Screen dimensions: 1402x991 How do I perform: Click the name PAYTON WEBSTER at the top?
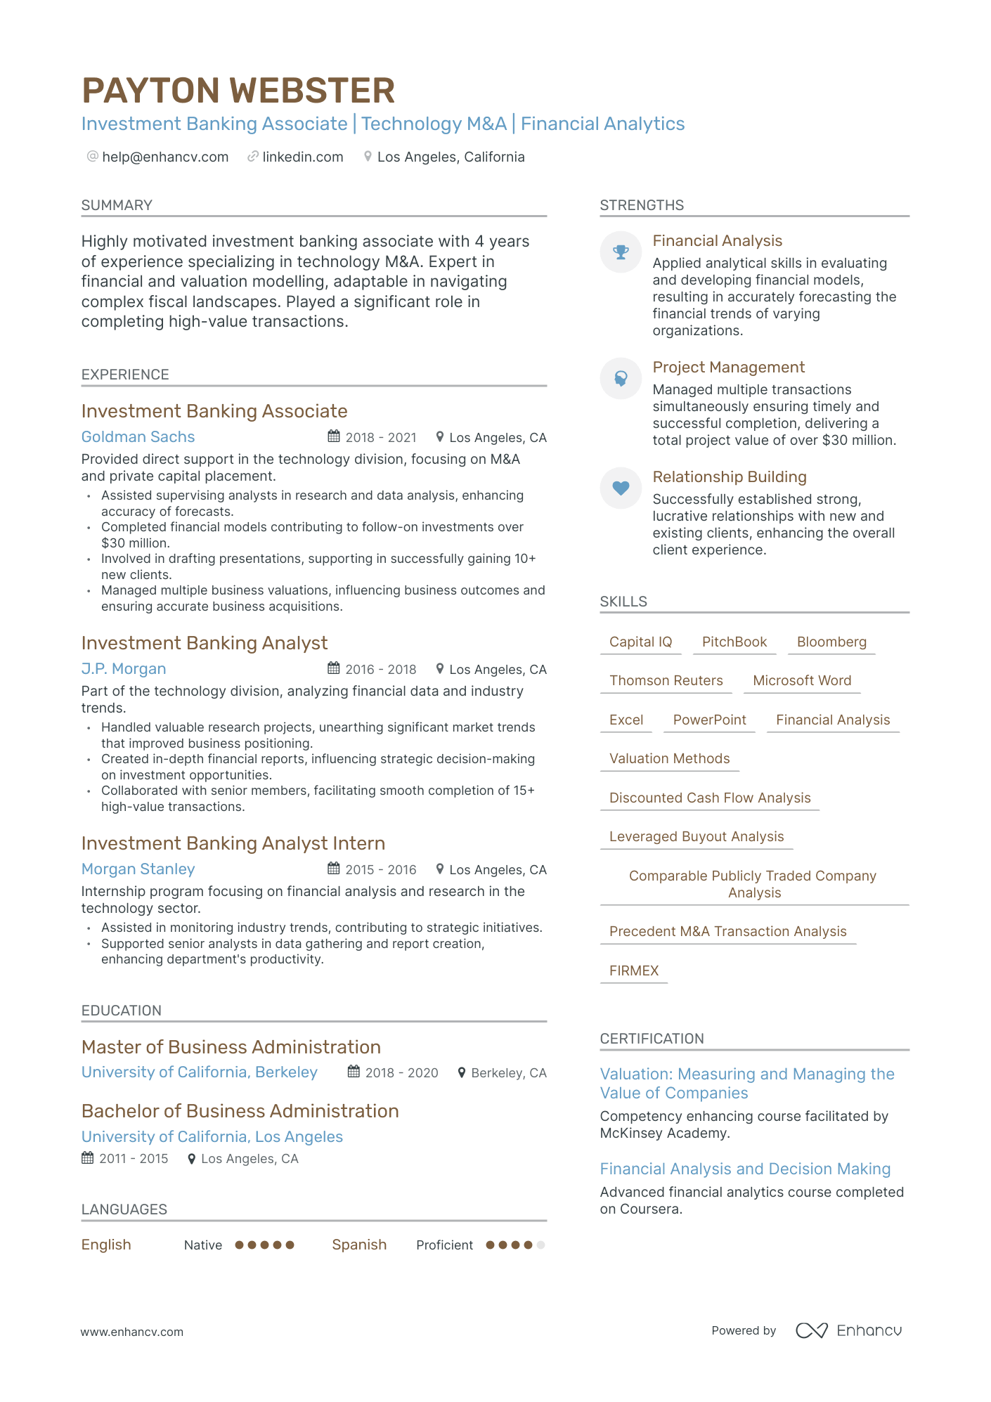tap(238, 91)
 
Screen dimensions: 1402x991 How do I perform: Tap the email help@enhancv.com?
tap(165, 157)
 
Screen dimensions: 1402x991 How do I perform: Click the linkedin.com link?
tap(302, 157)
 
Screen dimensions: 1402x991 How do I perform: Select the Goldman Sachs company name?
tap(138, 436)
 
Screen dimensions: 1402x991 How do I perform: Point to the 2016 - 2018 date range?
tap(380, 669)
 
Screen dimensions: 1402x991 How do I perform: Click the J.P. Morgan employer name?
tap(124, 668)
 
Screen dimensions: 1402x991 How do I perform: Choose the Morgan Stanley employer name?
tap(138, 869)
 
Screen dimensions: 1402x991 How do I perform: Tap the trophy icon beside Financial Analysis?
tap(621, 252)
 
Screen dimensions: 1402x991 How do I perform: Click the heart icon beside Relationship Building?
tap(621, 488)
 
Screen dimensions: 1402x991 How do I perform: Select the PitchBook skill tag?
tap(734, 642)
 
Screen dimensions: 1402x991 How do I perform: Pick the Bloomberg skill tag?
tap(831, 642)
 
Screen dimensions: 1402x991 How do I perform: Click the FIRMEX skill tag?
tap(634, 971)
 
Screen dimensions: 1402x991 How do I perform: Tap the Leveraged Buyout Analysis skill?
tap(696, 836)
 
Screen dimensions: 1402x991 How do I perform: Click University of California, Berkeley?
tap(200, 1072)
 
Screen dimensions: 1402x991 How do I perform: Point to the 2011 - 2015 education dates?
tap(134, 1158)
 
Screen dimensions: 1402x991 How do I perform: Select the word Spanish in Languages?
tap(359, 1245)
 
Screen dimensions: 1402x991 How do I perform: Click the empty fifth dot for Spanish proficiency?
tap(540, 1245)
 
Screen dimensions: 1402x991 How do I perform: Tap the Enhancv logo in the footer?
tap(849, 1330)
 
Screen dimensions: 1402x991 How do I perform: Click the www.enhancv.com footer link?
tap(131, 1332)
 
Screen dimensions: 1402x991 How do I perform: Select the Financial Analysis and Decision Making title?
tap(745, 1169)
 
